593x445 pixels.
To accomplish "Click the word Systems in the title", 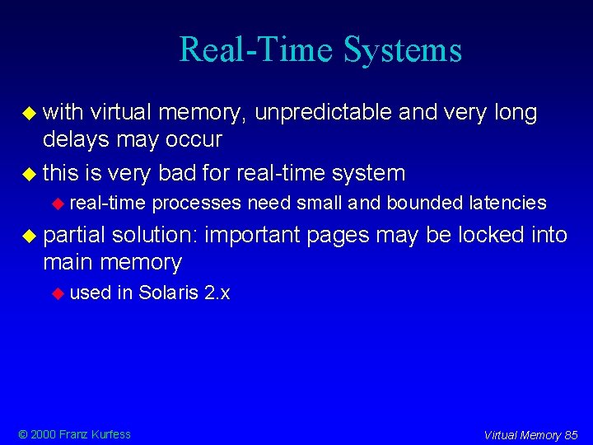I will click(x=403, y=49).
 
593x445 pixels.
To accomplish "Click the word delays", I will click(x=76, y=139).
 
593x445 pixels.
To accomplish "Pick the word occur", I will click(x=195, y=139).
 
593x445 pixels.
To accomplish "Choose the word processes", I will click(x=197, y=203).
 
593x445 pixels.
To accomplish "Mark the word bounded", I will click(x=420, y=203).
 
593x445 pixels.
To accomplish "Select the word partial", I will click(x=74, y=235).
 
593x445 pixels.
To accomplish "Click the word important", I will click(x=254, y=235).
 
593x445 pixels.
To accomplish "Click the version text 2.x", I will click(x=217, y=293).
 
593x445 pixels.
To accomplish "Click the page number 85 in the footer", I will click(x=571, y=435).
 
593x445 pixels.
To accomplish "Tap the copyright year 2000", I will click(x=43, y=434).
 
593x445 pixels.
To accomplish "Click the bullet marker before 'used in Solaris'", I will click(x=58, y=293).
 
